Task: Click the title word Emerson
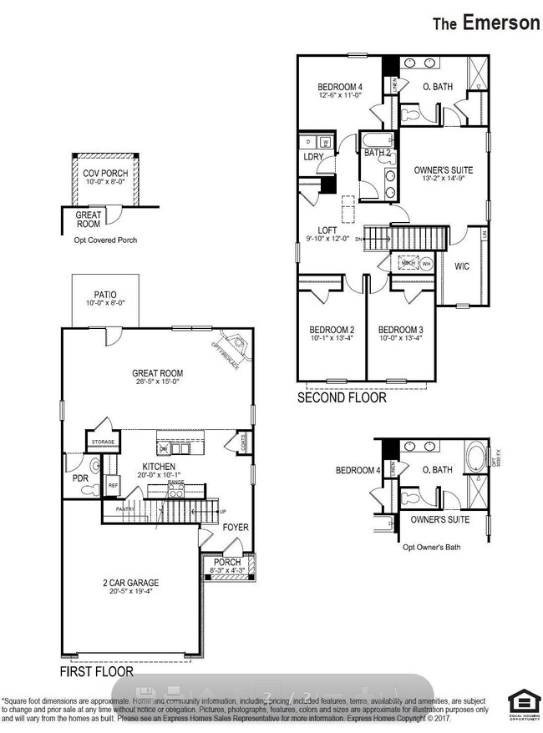[500, 23]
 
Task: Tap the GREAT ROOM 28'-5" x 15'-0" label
[157, 378]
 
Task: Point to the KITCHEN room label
[158, 467]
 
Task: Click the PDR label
[80, 479]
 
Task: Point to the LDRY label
[313, 157]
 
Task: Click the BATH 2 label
[378, 153]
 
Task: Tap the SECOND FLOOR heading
[342, 398]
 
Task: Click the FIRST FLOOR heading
[96, 670]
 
